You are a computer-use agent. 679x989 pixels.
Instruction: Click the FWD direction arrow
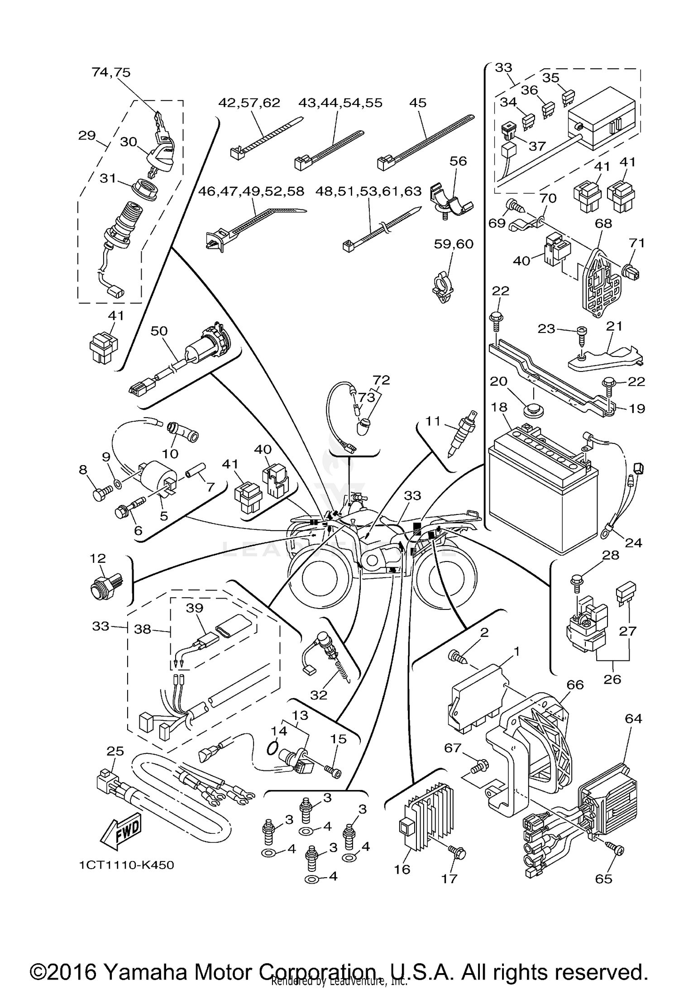tap(121, 833)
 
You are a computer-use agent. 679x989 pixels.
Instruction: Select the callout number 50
tap(159, 331)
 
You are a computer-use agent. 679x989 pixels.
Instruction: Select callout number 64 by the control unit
tap(633, 718)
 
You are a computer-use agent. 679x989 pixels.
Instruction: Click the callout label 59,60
tap(454, 244)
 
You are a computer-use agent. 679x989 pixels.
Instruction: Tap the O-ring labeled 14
tap(272, 748)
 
